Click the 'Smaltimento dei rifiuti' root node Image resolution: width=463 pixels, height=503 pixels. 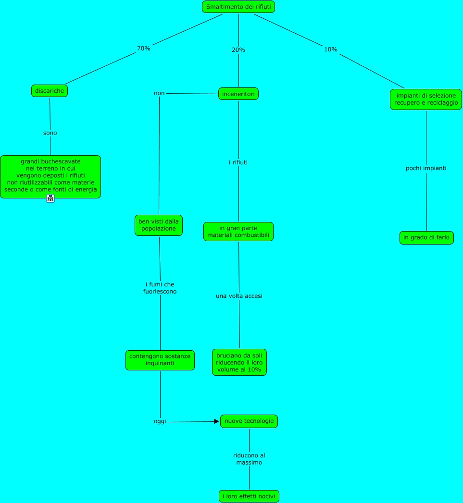pyautogui.click(x=238, y=7)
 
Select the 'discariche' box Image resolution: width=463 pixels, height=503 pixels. pyautogui.click(x=50, y=90)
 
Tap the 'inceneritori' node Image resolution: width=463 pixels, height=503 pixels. pyautogui.click(x=238, y=94)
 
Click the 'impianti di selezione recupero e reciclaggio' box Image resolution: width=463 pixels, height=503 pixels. pyautogui.click(x=426, y=99)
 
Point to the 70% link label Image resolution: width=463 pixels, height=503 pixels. pyautogui.click(x=144, y=49)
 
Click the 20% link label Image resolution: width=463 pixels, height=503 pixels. pyautogui.click(x=238, y=50)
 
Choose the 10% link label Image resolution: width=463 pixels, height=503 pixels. pyautogui.click(x=331, y=49)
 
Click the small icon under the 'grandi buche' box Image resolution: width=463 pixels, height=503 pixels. pyautogui.click(x=50, y=198)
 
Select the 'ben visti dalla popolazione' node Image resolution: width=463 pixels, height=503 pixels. pyautogui.click(x=159, y=225)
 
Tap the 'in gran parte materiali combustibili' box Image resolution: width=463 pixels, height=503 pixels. pyautogui.click(x=238, y=232)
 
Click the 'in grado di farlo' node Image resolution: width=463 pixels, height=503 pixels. pyautogui.click(x=426, y=238)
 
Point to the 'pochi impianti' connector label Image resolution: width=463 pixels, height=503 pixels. pyautogui.click(x=426, y=168)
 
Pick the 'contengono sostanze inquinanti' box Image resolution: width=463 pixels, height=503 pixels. pyautogui.click(x=160, y=360)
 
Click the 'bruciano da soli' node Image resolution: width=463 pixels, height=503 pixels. pyautogui.click(x=239, y=362)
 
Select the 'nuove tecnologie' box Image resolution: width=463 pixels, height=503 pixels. pyautogui.click(x=249, y=421)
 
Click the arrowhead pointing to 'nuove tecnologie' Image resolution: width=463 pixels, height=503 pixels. pyautogui.click(x=216, y=421)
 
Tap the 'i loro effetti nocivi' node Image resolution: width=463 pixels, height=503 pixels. pyautogui.click(x=249, y=496)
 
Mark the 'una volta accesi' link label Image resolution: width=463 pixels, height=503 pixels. pyautogui.click(x=239, y=296)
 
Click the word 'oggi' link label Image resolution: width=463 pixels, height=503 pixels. pyautogui.click(x=160, y=421)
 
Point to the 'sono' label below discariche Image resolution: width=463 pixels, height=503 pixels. pyautogui.click(x=50, y=133)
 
